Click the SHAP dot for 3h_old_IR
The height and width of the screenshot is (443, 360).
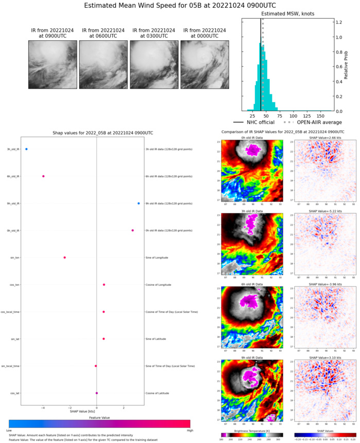click(x=26, y=149)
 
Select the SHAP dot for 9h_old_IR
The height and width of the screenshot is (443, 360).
click(x=139, y=203)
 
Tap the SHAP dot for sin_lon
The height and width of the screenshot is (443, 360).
click(x=65, y=258)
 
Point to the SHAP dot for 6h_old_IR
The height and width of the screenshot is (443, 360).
click(x=43, y=176)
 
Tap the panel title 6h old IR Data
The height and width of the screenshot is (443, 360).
click(x=252, y=284)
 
